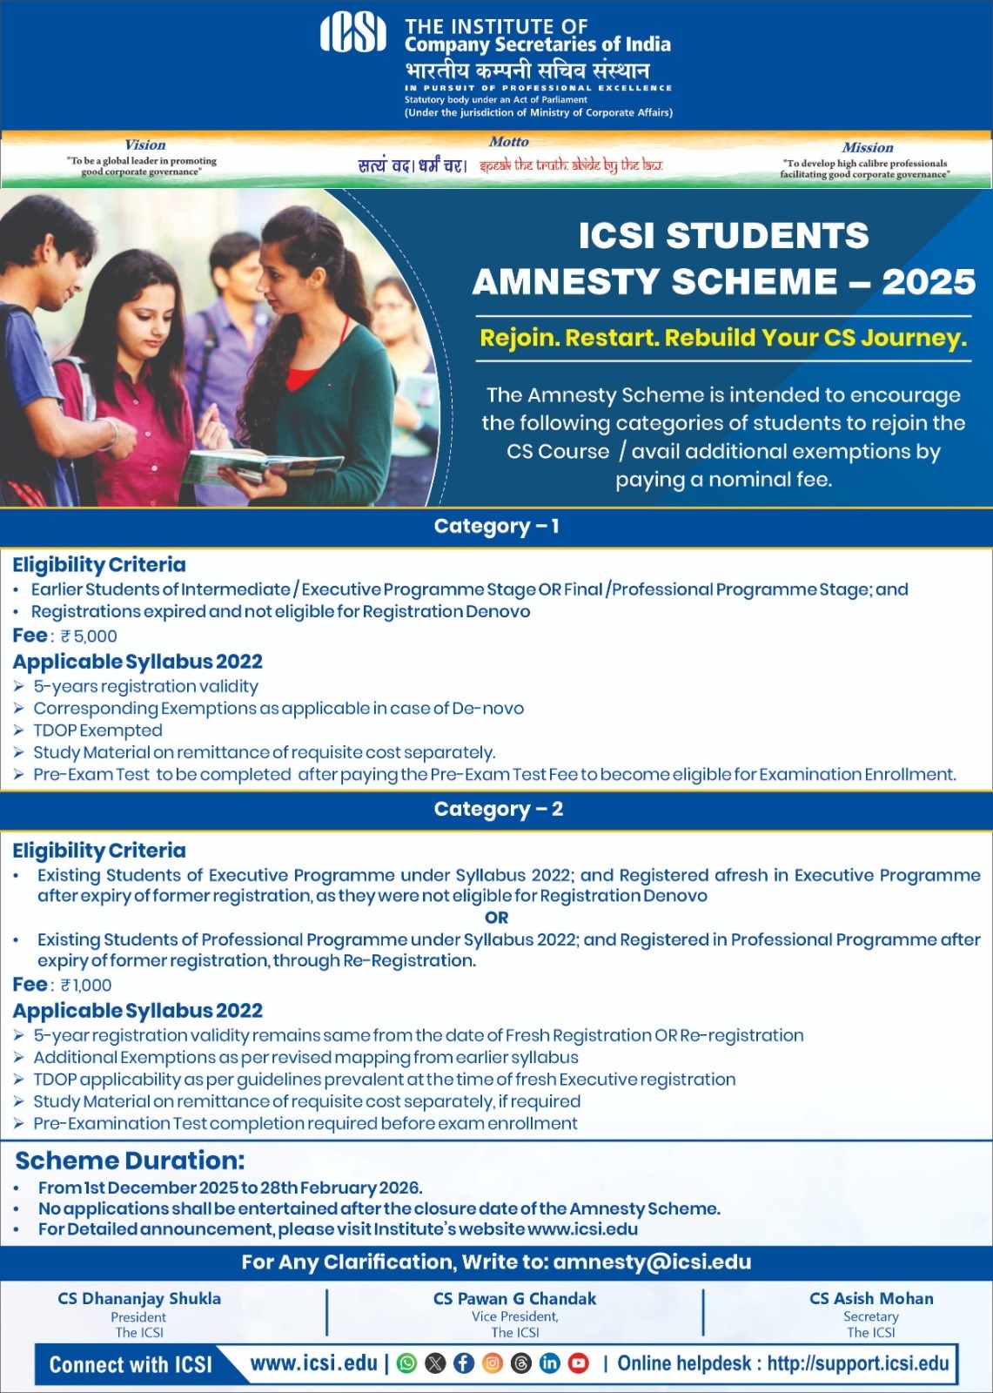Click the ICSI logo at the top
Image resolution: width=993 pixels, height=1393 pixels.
tap(353, 34)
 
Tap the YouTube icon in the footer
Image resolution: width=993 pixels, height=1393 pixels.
tap(579, 1363)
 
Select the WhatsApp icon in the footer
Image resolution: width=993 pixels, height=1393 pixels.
tap(406, 1363)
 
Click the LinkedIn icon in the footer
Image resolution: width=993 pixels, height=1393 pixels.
tap(550, 1363)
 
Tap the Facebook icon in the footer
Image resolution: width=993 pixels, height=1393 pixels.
tap(464, 1363)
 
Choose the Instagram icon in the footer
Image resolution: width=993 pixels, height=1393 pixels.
tap(493, 1363)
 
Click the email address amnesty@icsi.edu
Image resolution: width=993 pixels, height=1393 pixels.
tap(652, 1262)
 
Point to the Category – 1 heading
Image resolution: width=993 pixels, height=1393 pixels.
tap(496, 527)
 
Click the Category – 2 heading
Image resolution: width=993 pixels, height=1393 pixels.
tap(498, 810)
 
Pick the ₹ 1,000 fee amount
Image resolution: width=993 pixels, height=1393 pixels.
tap(86, 986)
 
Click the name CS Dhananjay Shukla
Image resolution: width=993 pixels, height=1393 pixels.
tap(139, 1299)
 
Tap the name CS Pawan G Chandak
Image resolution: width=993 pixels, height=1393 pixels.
tap(514, 1299)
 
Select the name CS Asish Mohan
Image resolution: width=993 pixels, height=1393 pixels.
tap(871, 1299)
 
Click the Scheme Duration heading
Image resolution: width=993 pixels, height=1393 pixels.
tap(131, 1161)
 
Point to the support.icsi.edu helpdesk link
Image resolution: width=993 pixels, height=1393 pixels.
tap(857, 1363)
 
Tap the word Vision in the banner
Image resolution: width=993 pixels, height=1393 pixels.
tap(144, 145)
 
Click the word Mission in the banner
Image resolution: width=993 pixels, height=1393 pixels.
tap(867, 148)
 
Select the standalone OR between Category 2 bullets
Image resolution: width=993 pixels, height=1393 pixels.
tap(496, 918)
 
